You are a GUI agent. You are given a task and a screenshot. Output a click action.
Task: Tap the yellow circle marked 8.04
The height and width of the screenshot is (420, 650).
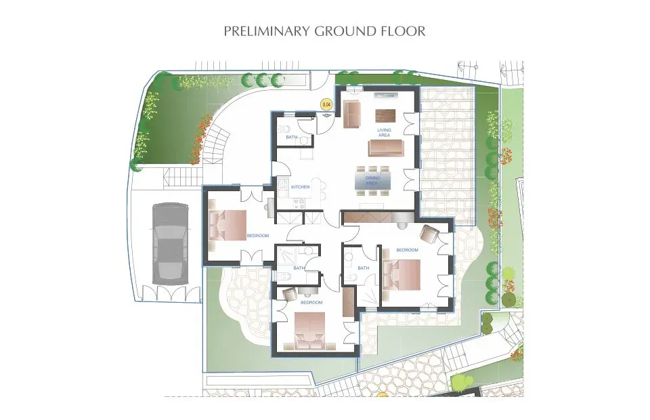pyautogui.click(x=327, y=104)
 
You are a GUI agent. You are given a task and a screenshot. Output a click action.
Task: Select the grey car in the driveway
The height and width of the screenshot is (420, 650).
pyautogui.click(x=167, y=243)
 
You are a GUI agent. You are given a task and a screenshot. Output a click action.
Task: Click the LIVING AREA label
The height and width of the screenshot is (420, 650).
pyautogui.click(x=384, y=132)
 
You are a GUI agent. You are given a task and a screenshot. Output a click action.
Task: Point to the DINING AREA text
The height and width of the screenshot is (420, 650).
pyautogui.click(x=372, y=180)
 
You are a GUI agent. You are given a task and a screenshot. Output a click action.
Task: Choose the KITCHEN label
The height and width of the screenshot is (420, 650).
pyautogui.click(x=300, y=186)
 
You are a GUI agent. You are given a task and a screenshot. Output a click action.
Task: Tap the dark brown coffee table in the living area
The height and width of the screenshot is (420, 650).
pyautogui.click(x=385, y=114)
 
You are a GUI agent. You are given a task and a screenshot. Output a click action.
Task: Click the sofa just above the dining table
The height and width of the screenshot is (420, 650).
pyautogui.click(x=387, y=148)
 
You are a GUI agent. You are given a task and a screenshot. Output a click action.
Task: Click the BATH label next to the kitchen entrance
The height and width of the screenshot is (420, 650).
pyautogui.click(x=291, y=138)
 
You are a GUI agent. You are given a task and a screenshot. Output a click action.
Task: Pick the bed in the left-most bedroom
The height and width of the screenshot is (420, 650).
pyautogui.click(x=228, y=225)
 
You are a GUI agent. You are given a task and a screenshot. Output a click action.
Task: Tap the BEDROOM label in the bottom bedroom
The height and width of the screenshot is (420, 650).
pyautogui.click(x=311, y=302)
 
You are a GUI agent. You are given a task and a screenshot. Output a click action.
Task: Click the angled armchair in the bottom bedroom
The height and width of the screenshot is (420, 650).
pyautogui.click(x=289, y=294)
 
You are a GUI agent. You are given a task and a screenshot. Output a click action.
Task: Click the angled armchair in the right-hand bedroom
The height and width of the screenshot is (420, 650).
pyautogui.click(x=429, y=234)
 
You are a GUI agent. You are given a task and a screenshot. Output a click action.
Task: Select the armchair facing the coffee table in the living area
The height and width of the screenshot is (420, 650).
pyautogui.click(x=351, y=114)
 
